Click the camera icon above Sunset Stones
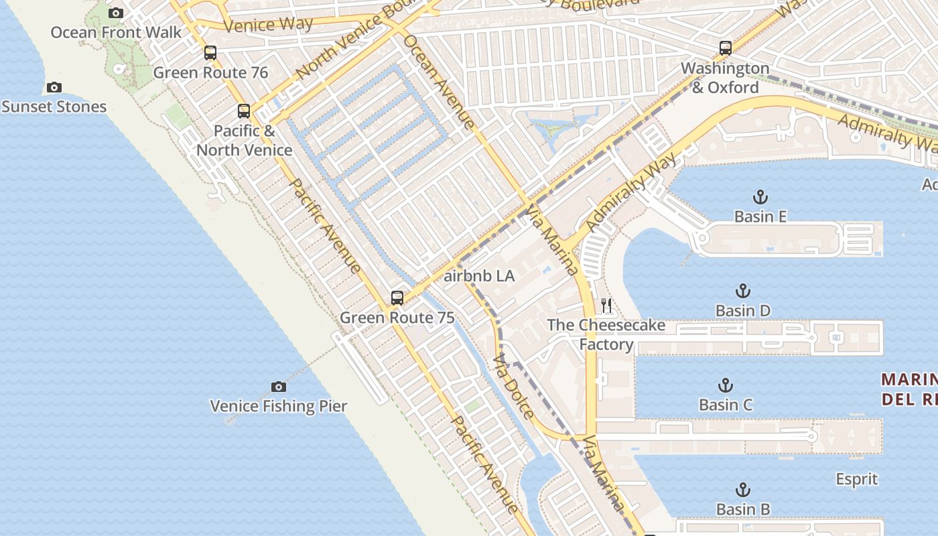pos(54,87)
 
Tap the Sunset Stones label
pos(54,107)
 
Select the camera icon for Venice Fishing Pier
pos(279,387)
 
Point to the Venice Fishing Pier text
pos(279,406)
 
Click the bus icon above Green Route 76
pos(210,53)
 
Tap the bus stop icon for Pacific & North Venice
pos(244,111)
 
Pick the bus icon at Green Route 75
pos(397,298)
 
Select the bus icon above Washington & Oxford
pos(726,48)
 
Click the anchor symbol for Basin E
pos(760,197)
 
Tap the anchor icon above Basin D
pos(743,291)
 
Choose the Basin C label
pos(726,405)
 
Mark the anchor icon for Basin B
pos(743,490)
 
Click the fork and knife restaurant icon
pos(607,306)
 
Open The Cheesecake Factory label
pos(606,334)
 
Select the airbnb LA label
pos(479,276)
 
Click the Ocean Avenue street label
pos(440,81)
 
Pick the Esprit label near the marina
pos(857,480)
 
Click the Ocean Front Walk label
pos(116,32)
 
